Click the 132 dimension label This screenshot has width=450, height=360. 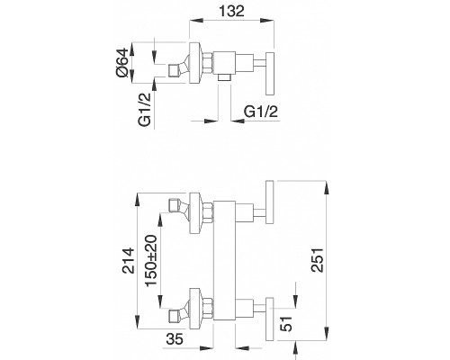tap(231, 12)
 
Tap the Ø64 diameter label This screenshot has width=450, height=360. tap(123, 63)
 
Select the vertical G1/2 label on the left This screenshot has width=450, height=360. tap(144, 110)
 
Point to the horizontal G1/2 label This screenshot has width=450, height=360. tap(261, 112)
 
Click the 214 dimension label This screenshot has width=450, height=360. tap(129, 260)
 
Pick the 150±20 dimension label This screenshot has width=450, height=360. tap(151, 260)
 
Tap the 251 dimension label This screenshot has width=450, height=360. tap(318, 260)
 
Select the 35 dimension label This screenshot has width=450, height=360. tap(175, 339)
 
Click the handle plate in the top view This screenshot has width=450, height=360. tap(270, 74)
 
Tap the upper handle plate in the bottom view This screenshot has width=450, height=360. tap(270, 202)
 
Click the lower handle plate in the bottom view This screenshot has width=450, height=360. tap(270, 319)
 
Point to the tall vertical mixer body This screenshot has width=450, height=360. tap(224, 260)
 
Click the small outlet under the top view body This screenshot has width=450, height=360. tap(224, 77)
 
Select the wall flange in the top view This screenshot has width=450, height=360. tap(194, 63)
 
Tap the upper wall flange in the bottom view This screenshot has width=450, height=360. tap(194, 213)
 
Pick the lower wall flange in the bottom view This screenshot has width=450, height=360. tap(194, 309)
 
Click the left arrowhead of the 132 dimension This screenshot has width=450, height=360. tap(194, 20)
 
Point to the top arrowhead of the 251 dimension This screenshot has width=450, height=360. tap(326, 186)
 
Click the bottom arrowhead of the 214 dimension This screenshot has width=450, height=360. tap(138, 323)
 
